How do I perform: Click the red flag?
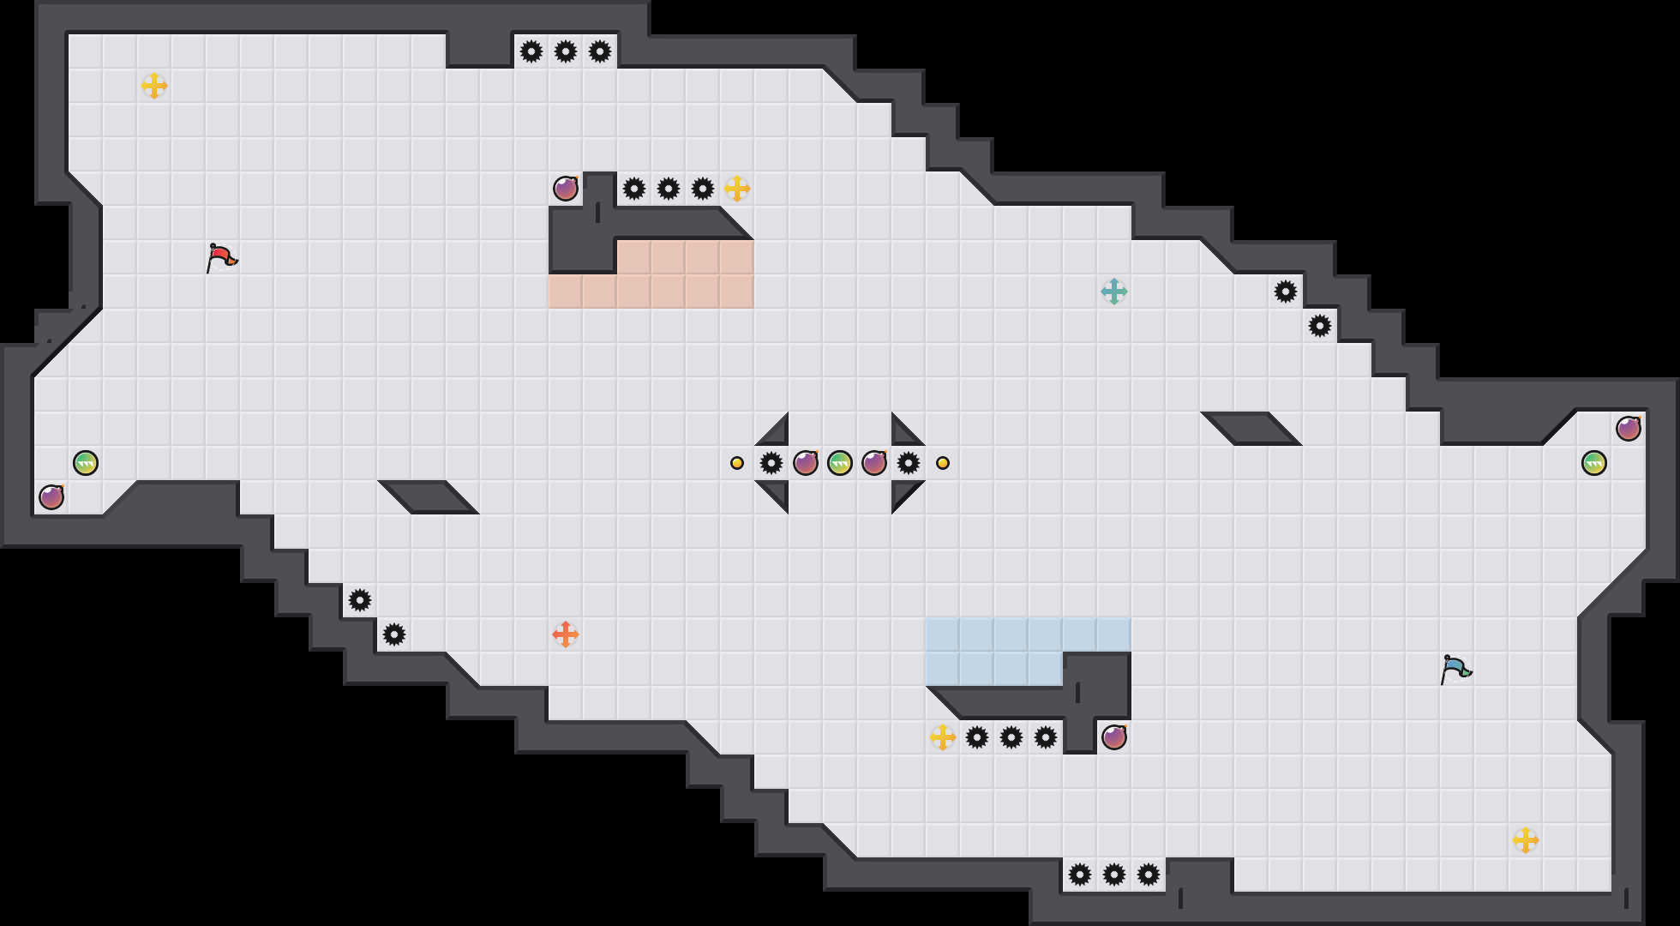click(221, 257)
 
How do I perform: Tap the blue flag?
click(1455, 669)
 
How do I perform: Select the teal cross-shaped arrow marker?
click(1114, 292)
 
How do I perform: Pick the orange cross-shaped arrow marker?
click(566, 634)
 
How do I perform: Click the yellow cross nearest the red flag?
click(154, 86)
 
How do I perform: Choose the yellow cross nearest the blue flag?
click(1526, 840)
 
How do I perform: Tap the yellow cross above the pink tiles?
click(737, 189)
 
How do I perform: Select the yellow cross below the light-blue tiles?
click(943, 737)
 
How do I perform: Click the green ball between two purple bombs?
click(840, 463)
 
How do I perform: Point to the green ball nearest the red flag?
click(86, 463)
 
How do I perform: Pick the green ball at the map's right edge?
click(1594, 463)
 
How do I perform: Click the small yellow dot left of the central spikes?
click(737, 463)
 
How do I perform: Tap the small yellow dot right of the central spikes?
click(943, 463)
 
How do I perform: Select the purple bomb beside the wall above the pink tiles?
click(566, 189)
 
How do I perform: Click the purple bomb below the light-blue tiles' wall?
click(1114, 737)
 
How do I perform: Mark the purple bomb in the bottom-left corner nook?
click(51, 497)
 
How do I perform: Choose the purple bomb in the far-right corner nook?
click(1629, 429)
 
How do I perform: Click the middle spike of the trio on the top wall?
click(566, 51)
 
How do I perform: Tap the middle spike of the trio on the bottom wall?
click(1114, 875)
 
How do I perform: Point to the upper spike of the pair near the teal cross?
click(1286, 292)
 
